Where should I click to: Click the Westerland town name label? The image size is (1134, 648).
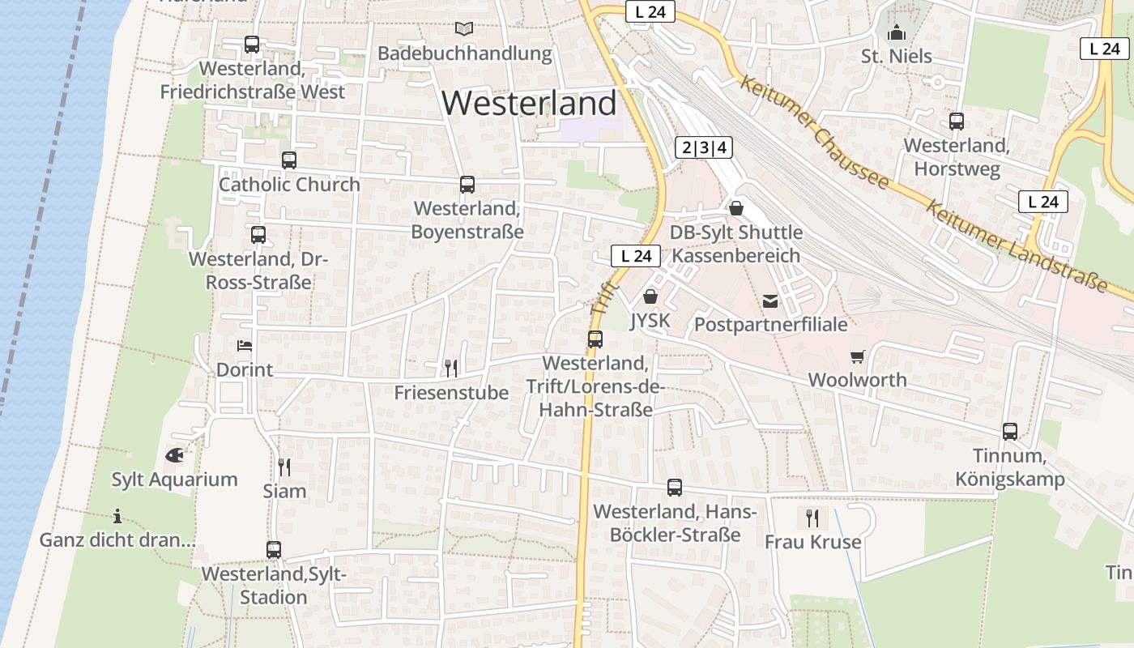coord(529,104)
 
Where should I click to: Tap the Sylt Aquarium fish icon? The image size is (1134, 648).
coord(174,456)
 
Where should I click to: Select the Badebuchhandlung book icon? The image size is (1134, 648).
coord(464,29)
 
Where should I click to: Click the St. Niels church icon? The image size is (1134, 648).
coord(896,33)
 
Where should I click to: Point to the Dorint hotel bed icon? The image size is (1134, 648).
coord(245,346)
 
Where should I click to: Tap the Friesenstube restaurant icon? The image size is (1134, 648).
coord(451,369)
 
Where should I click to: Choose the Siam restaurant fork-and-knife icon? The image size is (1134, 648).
coord(284,467)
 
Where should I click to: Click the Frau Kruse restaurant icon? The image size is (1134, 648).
coord(812,518)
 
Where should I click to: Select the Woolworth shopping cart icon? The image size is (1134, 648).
coord(857,356)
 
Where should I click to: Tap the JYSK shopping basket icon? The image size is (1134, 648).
coord(650,297)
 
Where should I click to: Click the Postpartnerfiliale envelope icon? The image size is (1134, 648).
coord(770,301)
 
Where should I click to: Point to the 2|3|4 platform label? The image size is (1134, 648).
coord(704,147)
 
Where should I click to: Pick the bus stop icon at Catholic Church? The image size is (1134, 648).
coord(289,160)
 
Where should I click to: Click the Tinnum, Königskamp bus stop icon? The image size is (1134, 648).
coord(1009,432)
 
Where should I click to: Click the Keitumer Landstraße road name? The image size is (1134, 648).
coord(1016,245)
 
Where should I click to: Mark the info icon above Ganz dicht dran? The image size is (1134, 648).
coord(117,516)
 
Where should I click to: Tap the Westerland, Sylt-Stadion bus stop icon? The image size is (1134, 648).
coord(274,550)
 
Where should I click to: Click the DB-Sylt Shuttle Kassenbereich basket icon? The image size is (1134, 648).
coord(735,209)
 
